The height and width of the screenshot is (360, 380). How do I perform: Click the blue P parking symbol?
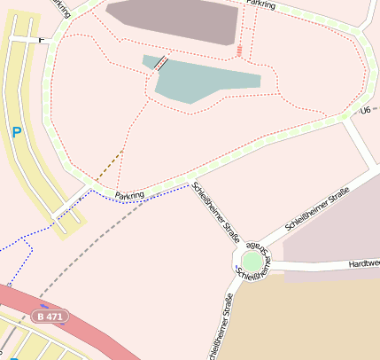point(16,133)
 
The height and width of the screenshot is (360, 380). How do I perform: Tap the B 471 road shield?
point(50,316)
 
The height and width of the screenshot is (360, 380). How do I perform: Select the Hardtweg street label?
point(363,263)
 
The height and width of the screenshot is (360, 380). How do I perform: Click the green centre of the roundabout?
point(252,261)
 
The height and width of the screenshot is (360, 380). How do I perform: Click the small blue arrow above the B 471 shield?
point(44,306)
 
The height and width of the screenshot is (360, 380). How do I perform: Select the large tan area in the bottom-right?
point(310,319)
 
